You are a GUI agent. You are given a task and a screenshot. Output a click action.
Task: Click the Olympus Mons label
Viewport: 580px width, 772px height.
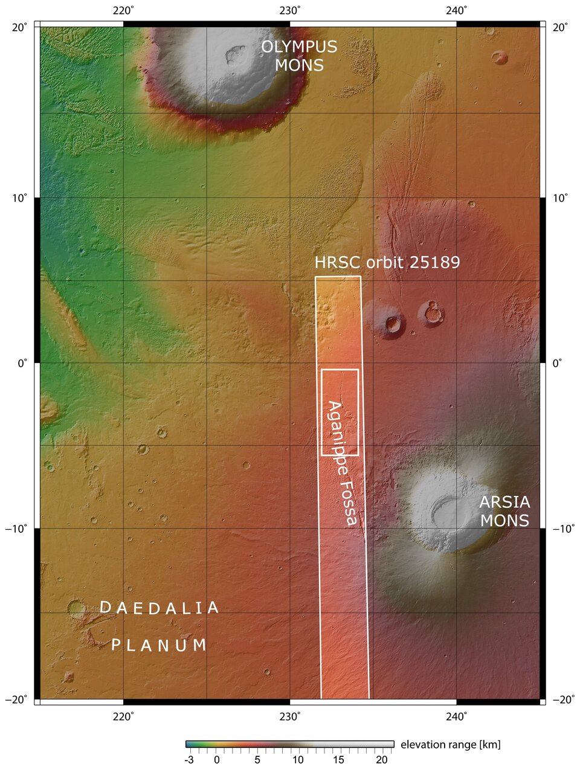(298, 56)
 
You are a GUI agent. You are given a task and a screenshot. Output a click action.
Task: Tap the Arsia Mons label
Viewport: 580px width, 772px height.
(504, 511)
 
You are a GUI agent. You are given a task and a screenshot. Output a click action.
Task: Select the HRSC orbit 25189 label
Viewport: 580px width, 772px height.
(387, 262)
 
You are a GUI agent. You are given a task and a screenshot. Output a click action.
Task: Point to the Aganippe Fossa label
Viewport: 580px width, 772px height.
(342, 462)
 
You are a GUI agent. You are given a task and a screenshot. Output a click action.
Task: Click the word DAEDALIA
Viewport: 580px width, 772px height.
(158, 608)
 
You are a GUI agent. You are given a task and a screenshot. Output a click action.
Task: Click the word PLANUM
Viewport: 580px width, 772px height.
(159, 645)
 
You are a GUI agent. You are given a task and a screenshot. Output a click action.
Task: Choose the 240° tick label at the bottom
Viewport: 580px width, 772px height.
(457, 716)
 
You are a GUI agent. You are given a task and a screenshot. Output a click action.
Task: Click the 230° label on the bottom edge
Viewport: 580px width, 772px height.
(290, 716)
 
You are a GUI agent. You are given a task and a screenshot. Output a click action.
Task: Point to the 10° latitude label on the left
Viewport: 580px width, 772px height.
(19, 198)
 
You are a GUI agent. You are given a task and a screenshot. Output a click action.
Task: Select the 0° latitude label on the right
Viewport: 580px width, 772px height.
(556, 363)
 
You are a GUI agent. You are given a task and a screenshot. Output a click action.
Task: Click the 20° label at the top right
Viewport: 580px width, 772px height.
(559, 27)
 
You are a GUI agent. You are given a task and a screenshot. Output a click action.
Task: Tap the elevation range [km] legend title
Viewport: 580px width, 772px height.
(450, 745)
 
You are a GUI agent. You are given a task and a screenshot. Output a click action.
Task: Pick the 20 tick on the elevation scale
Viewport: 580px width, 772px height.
(381, 760)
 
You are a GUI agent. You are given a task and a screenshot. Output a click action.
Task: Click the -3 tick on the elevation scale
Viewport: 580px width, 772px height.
(189, 760)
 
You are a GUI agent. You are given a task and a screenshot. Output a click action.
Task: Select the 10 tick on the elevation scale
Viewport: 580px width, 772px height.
(298, 760)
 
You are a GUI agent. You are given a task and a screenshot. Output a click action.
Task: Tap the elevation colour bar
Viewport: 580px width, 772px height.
(289, 744)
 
